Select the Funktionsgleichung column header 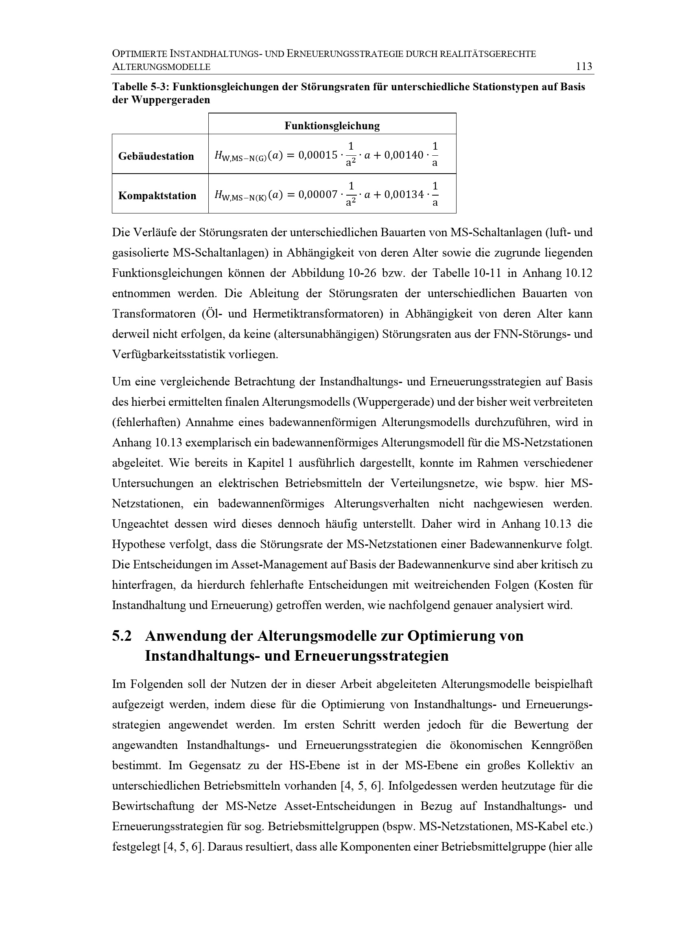coord(332,126)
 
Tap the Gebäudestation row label coord(156,156)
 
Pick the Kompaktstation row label coord(157,196)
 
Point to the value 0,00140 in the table coord(404,155)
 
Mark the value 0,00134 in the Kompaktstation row coord(404,195)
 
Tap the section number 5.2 coord(122,636)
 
